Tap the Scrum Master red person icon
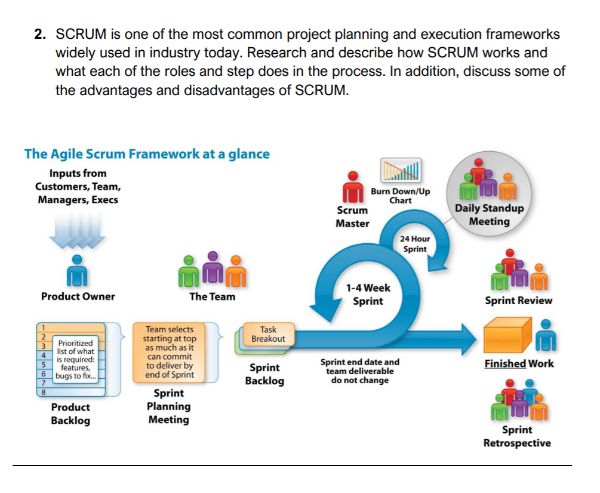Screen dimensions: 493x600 point(353,188)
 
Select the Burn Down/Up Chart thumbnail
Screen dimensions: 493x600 point(401,170)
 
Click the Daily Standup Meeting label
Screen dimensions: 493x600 point(489,215)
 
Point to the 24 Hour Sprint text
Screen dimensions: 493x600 point(416,244)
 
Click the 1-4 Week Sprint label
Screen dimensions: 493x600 point(368,294)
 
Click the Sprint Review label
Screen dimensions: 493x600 point(518,301)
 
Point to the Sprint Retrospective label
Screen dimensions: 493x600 point(517,436)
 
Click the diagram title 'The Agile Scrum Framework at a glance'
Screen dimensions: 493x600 point(147,154)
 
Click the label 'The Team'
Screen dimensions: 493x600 point(212,296)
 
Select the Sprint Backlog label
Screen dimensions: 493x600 point(264,374)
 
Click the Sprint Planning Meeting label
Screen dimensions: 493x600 point(169,406)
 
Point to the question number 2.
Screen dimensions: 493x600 point(39,35)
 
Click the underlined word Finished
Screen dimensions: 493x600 point(505,363)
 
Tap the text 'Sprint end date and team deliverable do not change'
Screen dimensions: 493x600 point(359,371)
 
